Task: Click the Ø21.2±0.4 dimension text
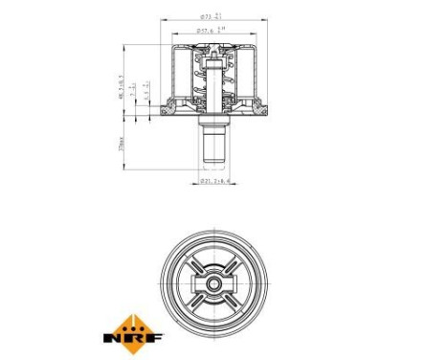[x=212, y=180]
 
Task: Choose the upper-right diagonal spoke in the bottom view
[x=227, y=266]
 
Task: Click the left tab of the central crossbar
[x=194, y=284]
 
